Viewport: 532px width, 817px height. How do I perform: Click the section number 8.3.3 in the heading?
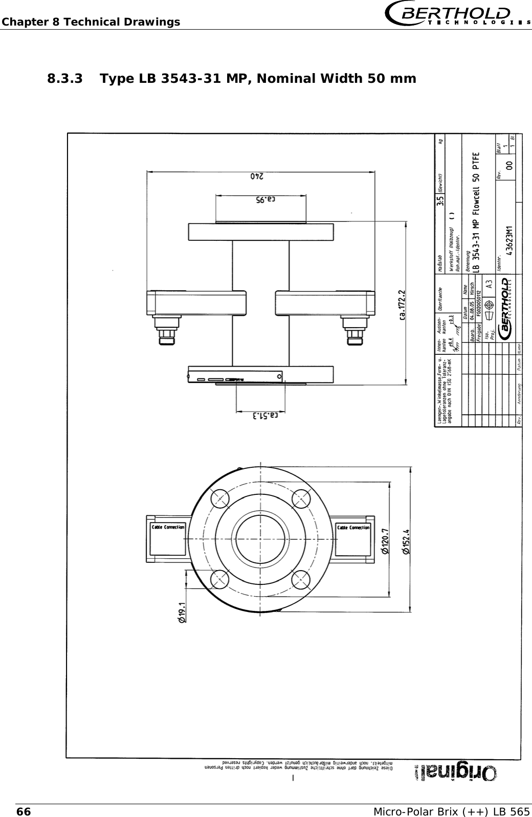pos(65,79)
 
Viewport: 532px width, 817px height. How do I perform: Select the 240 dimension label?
pos(260,176)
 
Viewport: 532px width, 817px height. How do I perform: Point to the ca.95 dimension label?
pos(260,199)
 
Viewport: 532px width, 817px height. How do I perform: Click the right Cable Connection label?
pos(353,528)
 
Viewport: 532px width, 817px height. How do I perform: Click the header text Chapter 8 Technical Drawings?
pos(90,22)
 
